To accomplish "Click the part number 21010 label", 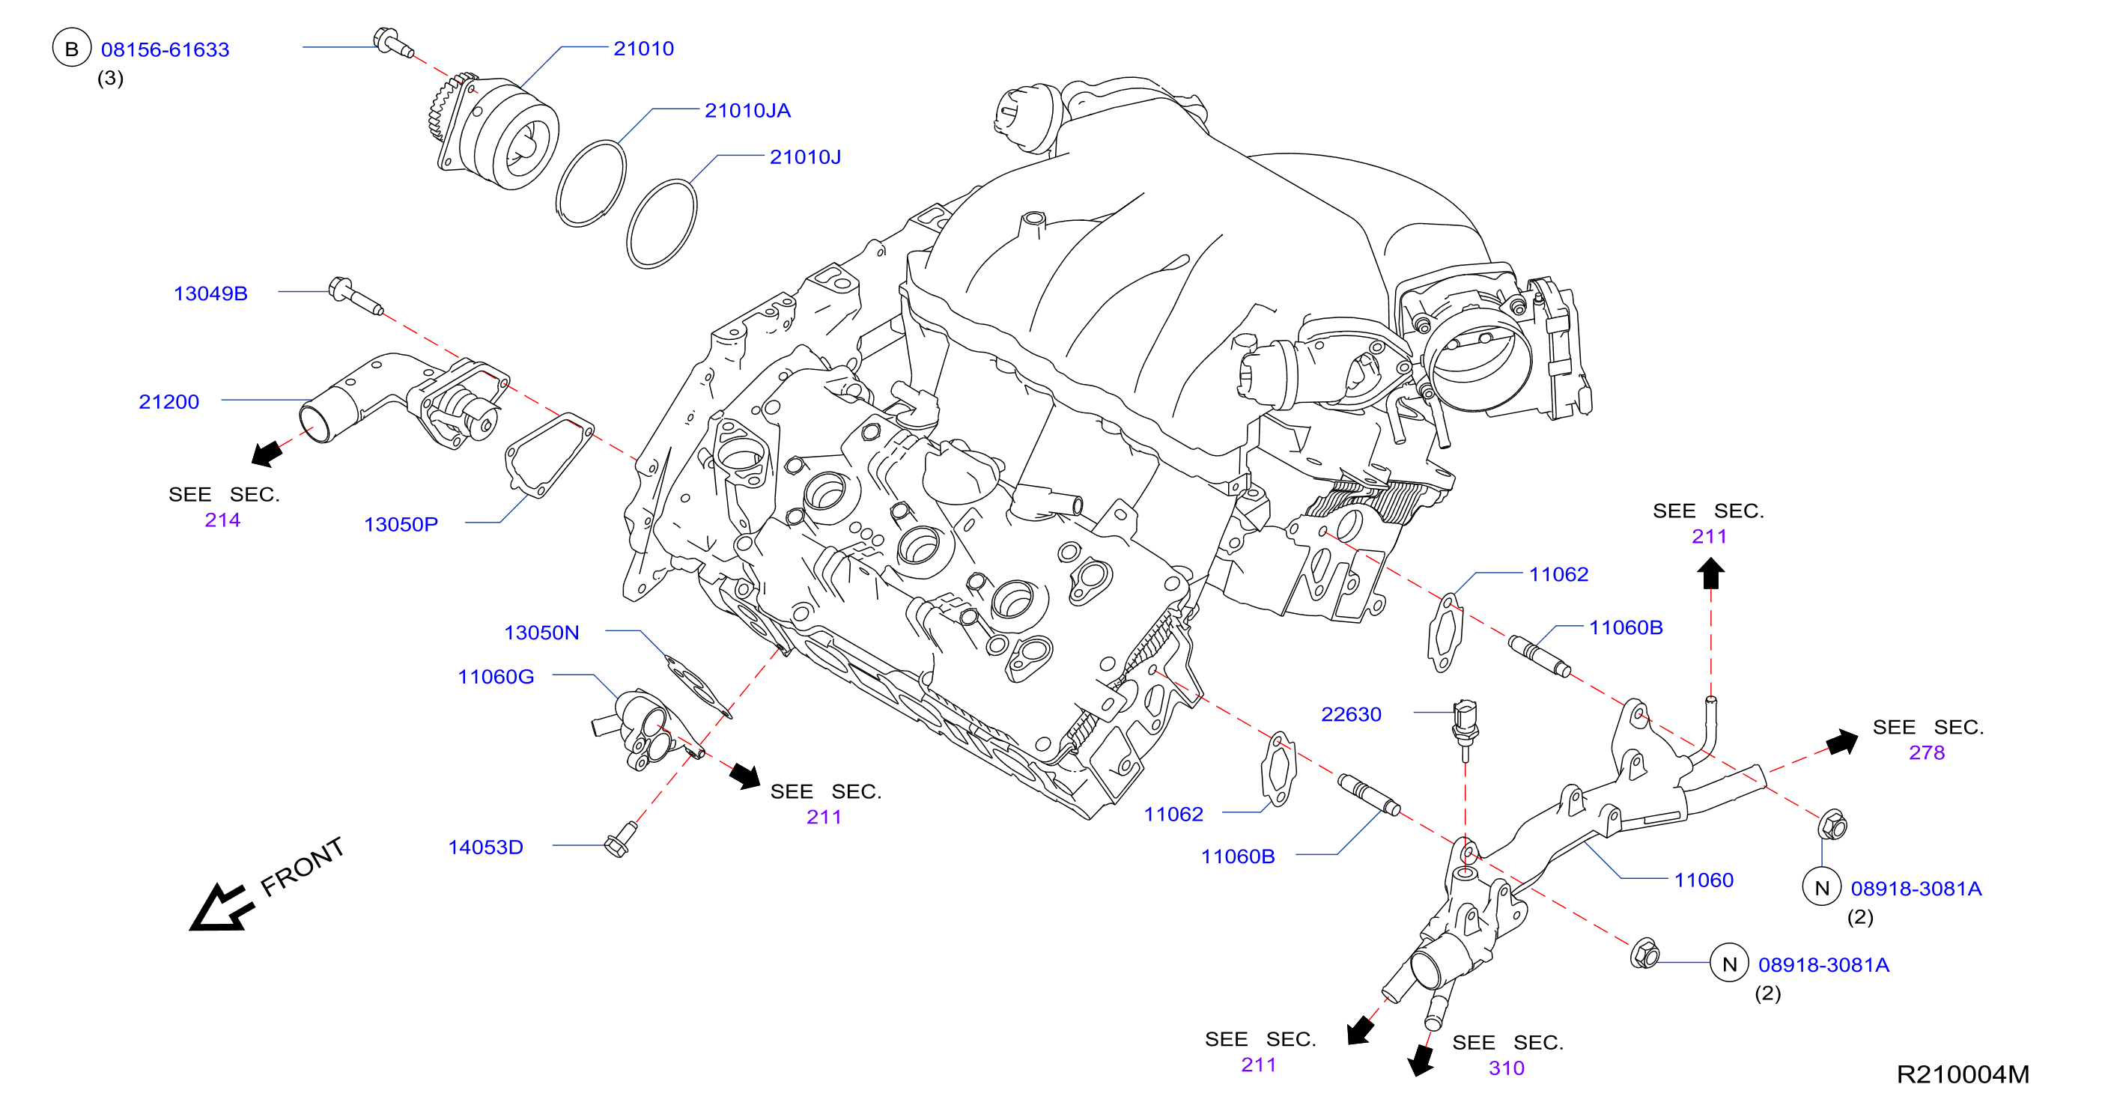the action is [x=643, y=49].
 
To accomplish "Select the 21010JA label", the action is [x=747, y=111].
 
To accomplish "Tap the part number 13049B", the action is [x=210, y=293].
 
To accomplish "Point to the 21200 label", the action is [x=168, y=401].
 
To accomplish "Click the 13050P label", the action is [x=401, y=524].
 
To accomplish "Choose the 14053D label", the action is [x=485, y=847].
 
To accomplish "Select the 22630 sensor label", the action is [x=1352, y=714].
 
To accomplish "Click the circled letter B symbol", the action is [x=72, y=49].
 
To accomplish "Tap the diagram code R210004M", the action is [x=1963, y=1074].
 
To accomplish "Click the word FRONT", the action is [x=302, y=867].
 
